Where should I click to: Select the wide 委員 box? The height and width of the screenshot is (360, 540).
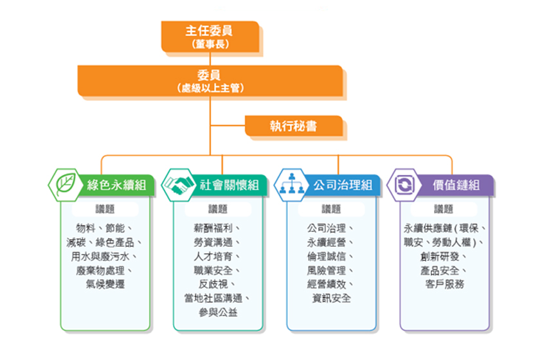[x=210, y=80]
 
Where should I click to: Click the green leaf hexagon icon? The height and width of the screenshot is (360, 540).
[x=65, y=185]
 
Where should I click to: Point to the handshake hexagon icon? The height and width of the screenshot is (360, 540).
[x=178, y=185]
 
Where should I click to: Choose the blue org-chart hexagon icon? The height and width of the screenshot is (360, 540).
[x=291, y=185]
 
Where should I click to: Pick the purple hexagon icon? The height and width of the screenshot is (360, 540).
[x=404, y=185]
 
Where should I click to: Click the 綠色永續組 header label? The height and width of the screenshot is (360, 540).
[x=116, y=186]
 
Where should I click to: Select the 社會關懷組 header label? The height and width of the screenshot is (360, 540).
[x=229, y=186]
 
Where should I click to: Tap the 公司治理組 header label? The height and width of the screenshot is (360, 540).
[x=343, y=186]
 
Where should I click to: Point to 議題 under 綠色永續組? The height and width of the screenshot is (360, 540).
[x=105, y=209]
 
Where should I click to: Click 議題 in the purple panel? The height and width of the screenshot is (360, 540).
[x=444, y=209]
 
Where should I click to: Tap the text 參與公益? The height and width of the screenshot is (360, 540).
[x=218, y=312]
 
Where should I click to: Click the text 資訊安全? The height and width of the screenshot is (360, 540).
[x=332, y=298]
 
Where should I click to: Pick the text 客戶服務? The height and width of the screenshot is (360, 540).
[x=444, y=284]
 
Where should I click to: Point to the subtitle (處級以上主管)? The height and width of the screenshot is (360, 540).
[x=210, y=88]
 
